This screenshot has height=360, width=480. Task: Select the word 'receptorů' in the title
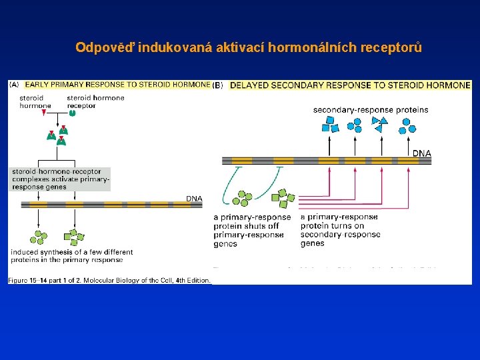click(392, 48)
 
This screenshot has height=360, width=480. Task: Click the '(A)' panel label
click(14, 85)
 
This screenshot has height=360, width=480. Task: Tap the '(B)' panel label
click(218, 85)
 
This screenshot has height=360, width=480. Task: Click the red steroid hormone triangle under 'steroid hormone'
click(44, 113)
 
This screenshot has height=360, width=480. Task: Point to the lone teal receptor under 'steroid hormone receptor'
click(73, 113)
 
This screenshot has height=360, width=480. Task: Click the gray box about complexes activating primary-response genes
click(60, 179)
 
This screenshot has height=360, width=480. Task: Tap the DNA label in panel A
click(193, 198)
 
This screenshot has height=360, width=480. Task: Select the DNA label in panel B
click(421, 153)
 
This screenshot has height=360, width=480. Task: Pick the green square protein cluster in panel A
click(73, 237)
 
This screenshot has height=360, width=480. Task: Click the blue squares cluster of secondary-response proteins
click(331, 125)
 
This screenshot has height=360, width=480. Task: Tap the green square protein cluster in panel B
click(283, 197)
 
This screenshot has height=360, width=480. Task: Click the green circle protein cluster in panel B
click(243, 198)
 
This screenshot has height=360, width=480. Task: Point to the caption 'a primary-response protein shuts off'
click(252, 221)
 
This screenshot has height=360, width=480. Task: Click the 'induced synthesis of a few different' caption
click(71, 252)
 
